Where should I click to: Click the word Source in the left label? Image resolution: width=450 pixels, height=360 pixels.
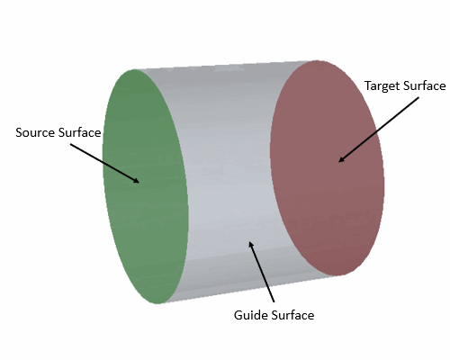tap(35, 132)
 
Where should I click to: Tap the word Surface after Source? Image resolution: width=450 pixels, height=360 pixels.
tap(79, 132)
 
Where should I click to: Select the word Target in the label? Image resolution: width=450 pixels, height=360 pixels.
tap(382, 86)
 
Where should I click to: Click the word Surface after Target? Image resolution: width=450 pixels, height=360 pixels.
tap(424, 85)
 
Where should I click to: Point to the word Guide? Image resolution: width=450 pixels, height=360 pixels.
tap(251, 315)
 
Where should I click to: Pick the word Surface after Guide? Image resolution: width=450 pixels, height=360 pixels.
tap(292, 315)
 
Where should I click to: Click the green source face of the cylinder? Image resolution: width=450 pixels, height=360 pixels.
tap(145, 186)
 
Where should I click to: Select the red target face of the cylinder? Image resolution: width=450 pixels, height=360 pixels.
tap(327, 168)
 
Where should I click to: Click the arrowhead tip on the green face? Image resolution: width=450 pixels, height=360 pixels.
tap(139, 183)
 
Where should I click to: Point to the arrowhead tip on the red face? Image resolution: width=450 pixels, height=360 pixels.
tap(338, 162)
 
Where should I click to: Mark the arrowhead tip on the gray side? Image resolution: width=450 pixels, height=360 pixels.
tap(249, 241)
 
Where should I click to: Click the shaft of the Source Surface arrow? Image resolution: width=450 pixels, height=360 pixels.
tap(104, 163)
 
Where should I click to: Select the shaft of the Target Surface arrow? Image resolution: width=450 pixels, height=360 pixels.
tap(379, 130)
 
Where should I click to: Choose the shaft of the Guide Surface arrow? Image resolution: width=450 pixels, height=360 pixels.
tap(262, 272)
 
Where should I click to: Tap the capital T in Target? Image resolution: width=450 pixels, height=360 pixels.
tap(368, 85)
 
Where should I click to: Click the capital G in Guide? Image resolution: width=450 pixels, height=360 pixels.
tap(238, 315)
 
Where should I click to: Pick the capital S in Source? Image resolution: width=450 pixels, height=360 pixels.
tap(19, 132)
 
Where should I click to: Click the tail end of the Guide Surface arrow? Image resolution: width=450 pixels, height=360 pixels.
tap(274, 301)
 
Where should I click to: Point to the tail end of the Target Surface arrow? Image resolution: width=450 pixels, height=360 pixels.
tap(418, 97)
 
